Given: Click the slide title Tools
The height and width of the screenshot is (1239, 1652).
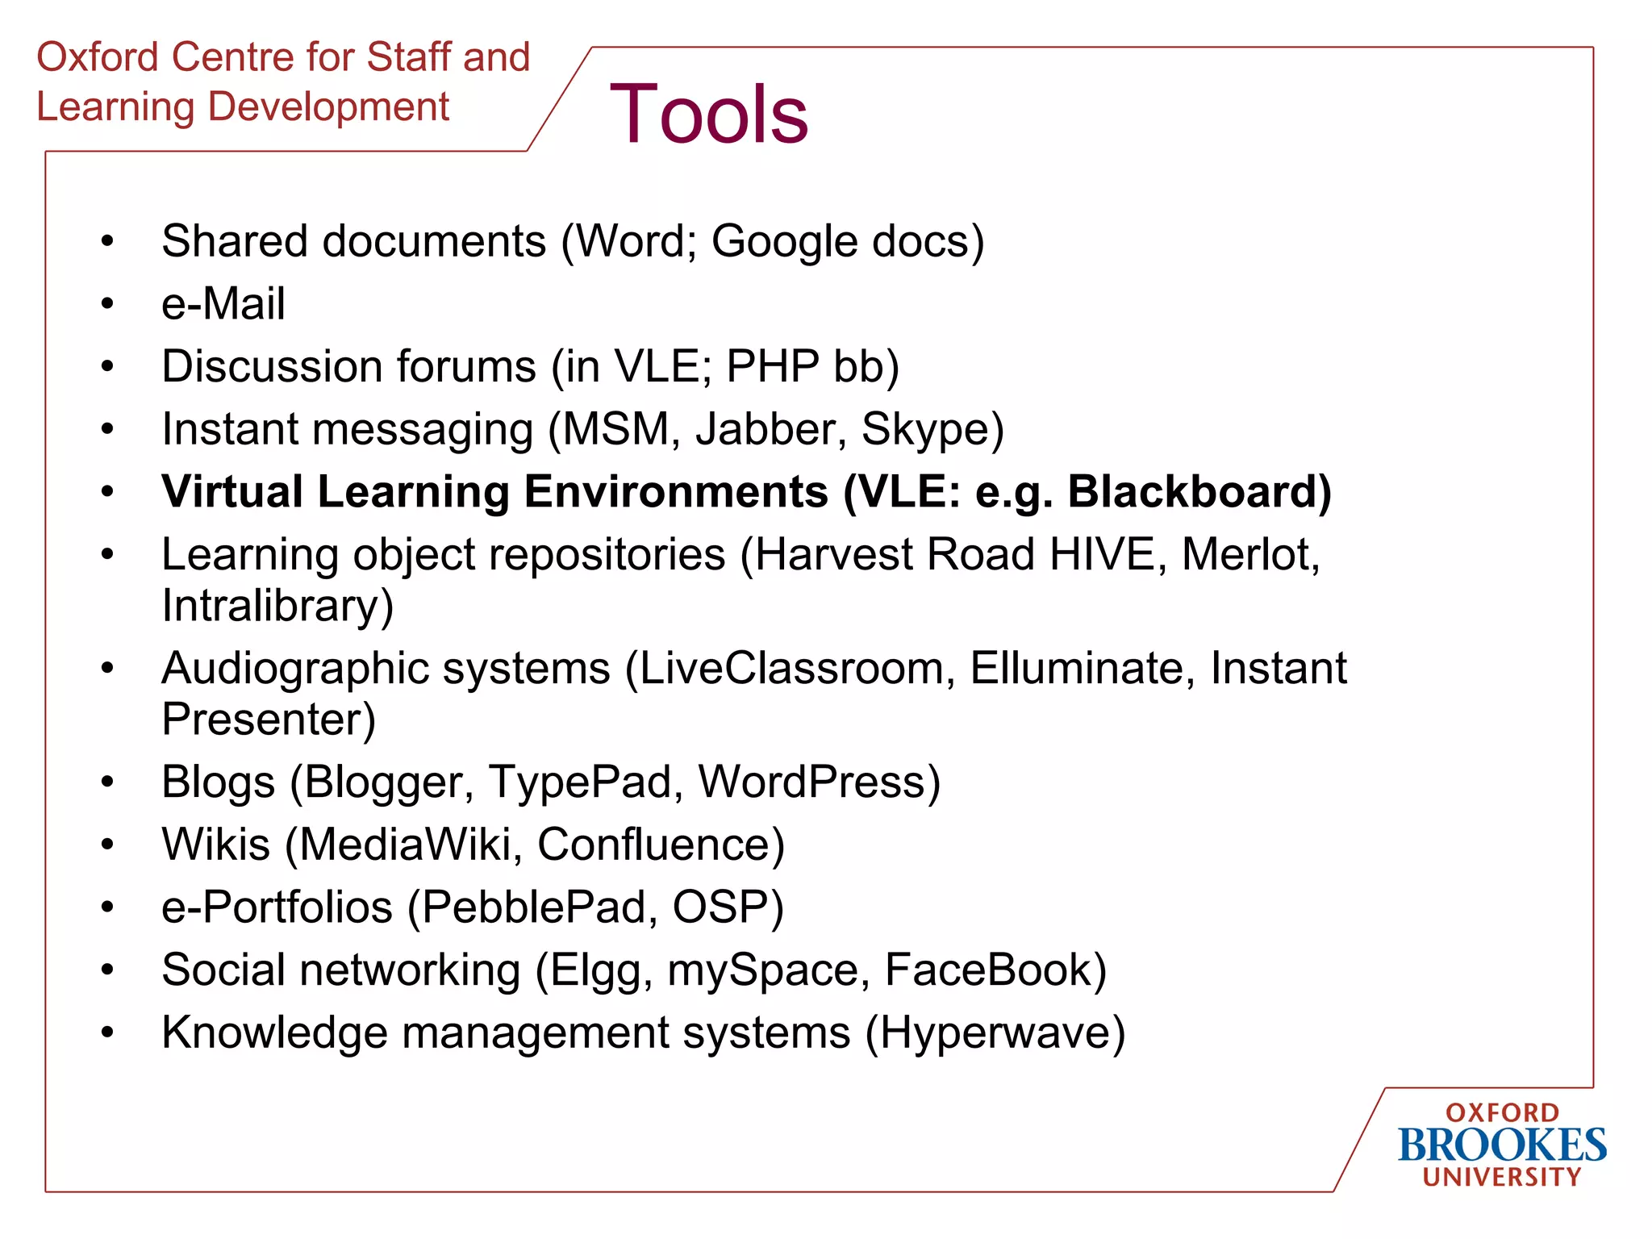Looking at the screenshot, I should coord(708,115).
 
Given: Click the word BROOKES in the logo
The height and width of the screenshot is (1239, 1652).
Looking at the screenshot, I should coord(1501,1145).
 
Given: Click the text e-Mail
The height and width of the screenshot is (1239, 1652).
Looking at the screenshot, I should coord(223,304).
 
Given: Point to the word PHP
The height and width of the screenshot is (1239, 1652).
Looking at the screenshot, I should coord(773,366).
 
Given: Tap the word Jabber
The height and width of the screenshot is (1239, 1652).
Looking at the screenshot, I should coord(766,429).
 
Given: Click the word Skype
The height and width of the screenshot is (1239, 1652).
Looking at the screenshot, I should coord(932,429).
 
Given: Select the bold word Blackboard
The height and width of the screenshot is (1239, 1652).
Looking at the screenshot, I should coord(1198,491).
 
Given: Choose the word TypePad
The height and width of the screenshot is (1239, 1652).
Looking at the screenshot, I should coord(580,782).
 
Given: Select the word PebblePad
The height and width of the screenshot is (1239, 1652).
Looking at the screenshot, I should coord(534,907).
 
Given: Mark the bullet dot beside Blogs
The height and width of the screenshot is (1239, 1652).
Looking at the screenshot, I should coord(107,782).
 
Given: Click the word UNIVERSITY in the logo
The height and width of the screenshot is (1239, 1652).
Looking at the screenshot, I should coord(1501,1177).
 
